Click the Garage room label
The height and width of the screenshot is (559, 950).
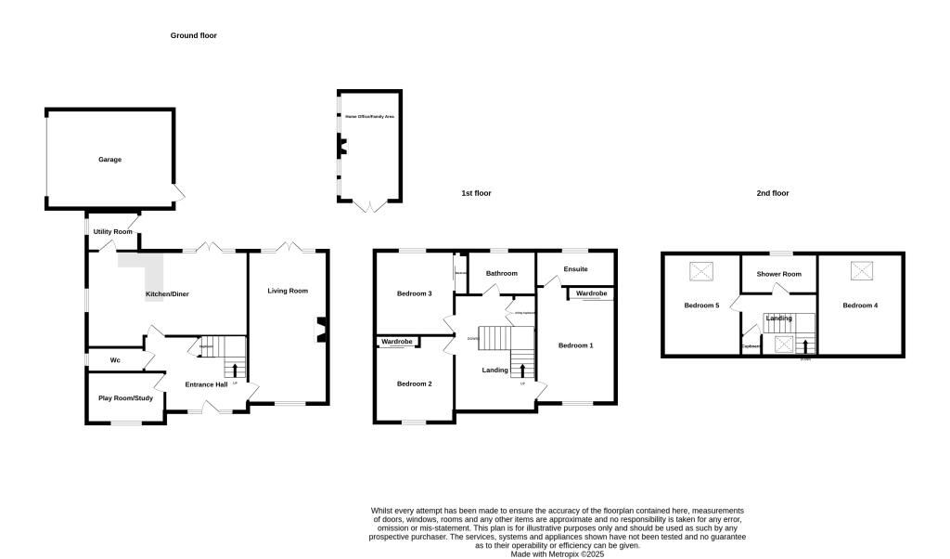110,160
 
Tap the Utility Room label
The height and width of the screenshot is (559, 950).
113,231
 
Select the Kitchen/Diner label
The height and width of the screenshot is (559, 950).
169,295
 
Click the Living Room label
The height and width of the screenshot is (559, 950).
288,291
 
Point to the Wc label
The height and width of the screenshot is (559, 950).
115,360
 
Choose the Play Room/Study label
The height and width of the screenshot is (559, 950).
125,398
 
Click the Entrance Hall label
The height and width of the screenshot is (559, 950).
206,384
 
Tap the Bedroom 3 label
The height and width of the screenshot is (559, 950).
415,293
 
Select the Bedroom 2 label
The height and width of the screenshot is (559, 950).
415,383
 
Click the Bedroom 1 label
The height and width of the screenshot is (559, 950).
575,345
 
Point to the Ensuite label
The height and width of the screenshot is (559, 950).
575,269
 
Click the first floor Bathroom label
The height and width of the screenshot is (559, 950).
501,273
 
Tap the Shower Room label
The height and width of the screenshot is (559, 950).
778,274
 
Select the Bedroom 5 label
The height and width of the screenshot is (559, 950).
701,305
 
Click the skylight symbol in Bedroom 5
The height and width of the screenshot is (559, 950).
701,271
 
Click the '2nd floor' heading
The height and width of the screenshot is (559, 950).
772,193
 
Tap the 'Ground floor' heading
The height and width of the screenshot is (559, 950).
193,35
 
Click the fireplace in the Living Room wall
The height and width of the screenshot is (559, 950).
322,330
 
